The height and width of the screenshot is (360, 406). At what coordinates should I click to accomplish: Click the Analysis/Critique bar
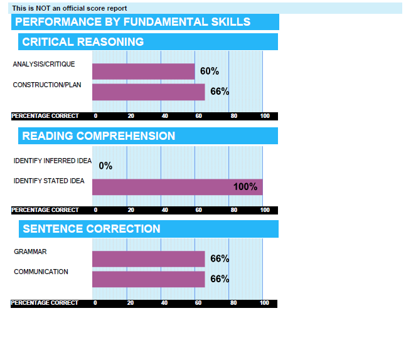(x=143, y=71)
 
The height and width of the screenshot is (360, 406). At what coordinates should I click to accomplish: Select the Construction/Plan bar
(x=148, y=92)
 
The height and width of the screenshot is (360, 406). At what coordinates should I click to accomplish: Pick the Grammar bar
(x=148, y=258)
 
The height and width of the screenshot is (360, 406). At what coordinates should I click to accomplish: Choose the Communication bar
(x=148, y=278)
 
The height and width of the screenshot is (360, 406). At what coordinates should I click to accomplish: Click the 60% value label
(x=210, y=71)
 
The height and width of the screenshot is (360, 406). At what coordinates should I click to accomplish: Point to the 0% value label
(x=105, y=166)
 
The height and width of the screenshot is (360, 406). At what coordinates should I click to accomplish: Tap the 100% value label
(x=245, y=186)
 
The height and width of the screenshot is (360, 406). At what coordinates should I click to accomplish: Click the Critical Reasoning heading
(x=83, y=42)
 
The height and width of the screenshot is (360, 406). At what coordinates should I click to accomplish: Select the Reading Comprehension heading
(x=99, y=136)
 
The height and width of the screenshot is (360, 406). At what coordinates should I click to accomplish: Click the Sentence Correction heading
(x=92, y=229)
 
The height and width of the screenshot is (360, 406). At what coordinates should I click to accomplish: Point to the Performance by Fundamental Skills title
(x=132, y=22)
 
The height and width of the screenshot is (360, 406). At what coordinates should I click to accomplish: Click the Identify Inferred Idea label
(x=53, y=161)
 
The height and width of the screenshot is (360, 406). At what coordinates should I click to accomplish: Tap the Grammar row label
(x=30, y=251)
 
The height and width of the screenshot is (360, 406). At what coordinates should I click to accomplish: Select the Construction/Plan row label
(x=43, y=85)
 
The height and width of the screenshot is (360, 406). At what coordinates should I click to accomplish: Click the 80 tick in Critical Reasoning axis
(x=233, y=116)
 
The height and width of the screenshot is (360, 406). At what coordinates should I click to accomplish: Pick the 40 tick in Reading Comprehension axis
(x=164, y=210)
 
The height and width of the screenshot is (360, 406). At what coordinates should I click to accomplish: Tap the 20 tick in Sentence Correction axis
(x=131, y=303)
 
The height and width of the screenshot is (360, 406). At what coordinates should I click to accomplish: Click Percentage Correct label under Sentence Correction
(x=45, y=303)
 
